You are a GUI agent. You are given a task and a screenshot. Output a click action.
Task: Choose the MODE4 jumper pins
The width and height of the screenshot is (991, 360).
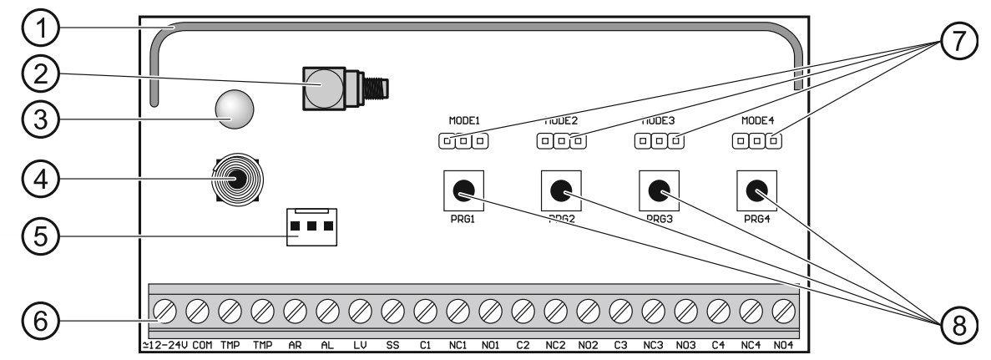(756, 141)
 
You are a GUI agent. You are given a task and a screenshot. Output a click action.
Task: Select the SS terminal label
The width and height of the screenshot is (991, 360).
(392, 344)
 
